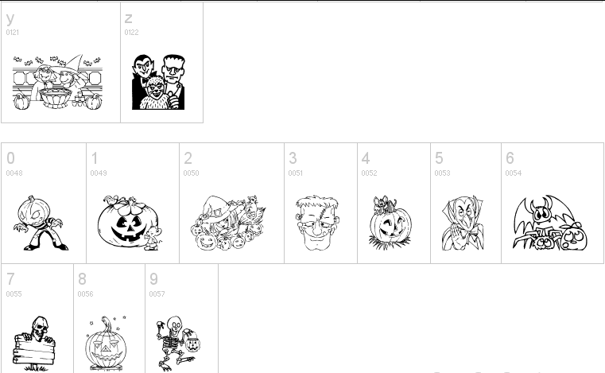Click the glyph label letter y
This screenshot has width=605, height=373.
click(10, 18)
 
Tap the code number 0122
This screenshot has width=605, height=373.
click(131, 33)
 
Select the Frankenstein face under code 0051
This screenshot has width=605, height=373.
click(317, 223)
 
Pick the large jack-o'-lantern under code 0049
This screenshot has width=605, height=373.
click(128, 221)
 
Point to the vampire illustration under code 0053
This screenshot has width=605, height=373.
click(463, 223)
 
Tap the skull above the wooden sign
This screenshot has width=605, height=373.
click(40, 328)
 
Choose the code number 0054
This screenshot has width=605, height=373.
click(513, 173)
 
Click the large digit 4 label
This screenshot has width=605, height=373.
click(366, 158)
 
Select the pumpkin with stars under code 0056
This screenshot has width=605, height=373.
click(106, 343)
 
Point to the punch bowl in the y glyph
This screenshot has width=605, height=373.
click(56, 98)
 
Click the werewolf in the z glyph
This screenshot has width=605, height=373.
click(154, 93)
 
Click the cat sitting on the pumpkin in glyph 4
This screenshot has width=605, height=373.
click(382, 204)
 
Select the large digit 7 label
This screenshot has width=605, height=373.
click(10, 279)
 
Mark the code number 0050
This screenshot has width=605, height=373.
click(191, 173)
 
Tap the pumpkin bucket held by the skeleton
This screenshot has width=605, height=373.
click(192, 341)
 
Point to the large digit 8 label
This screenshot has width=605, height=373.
click(82, 279)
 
